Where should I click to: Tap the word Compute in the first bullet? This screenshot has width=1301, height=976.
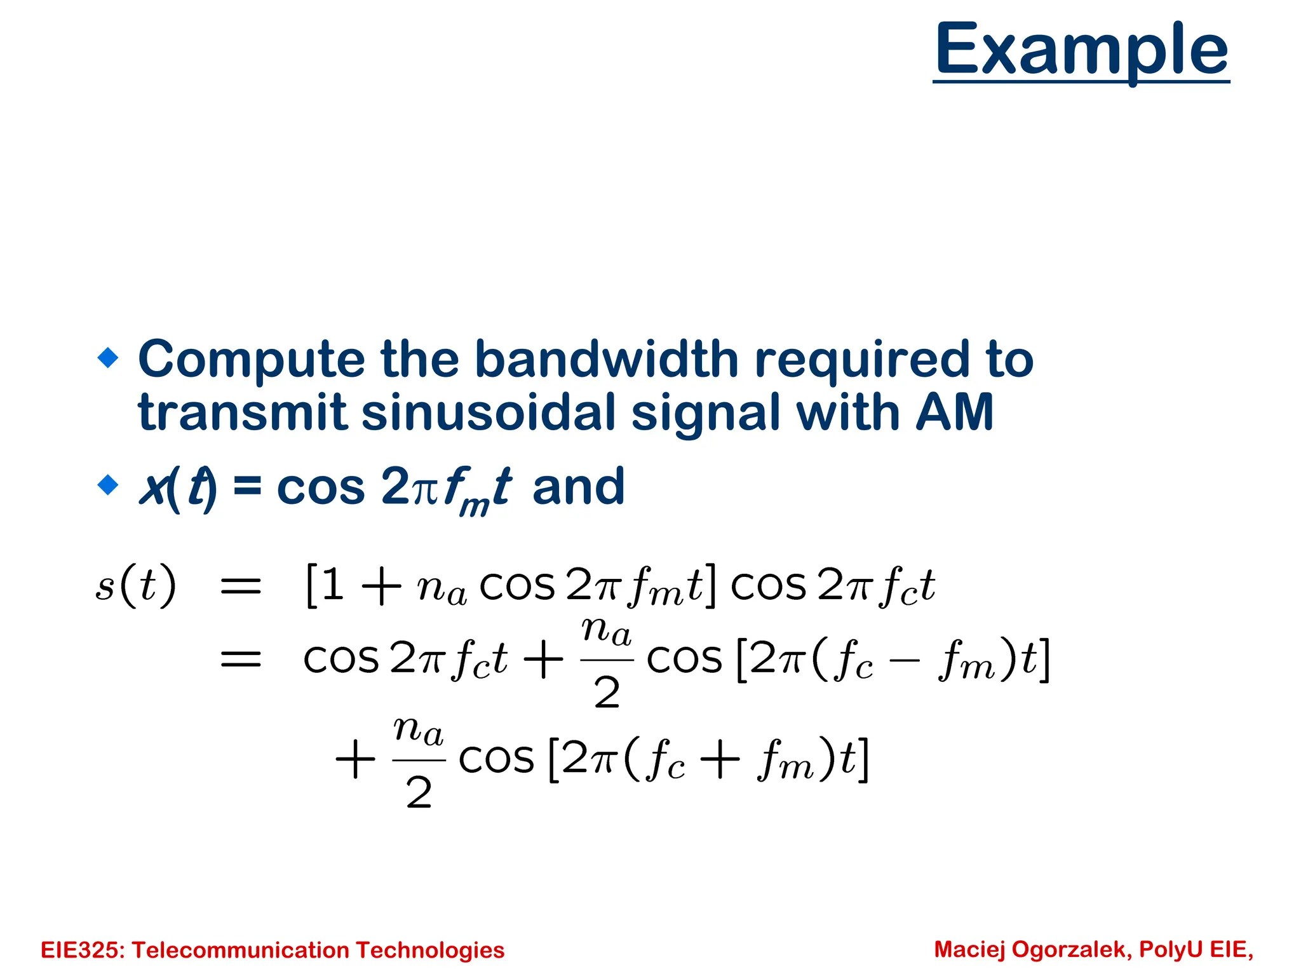pyautogui.click(x=251, y=360)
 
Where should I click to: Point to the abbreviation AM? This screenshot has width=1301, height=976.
pyautogui.click(x=954, y=413)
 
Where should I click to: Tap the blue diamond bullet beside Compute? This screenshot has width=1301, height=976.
pyautogui.click(x=108, y=358)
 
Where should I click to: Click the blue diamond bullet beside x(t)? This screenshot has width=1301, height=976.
pyautogui.click(x=108, y=485)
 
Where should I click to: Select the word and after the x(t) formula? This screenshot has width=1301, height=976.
pyautogui.click(x=578, y=487)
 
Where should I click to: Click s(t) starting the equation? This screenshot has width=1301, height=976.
pyautogui.click(x=135, y=585)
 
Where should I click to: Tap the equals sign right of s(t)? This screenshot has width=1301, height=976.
pyautogui.click(x=240, y=586)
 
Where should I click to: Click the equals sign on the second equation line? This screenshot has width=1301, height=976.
pyautogui.click(x=240, y=659)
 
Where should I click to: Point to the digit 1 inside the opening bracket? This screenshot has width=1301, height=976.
pyautogui.click(x=332, y=585)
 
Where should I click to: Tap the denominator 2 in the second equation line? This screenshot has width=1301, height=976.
pyautogui.click(x=607, y=693)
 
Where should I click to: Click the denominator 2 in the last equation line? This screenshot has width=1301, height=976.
pyautogui.click(x=419, y=793)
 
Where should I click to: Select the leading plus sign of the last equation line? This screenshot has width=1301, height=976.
pyautogui.click(x=355, y=759)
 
